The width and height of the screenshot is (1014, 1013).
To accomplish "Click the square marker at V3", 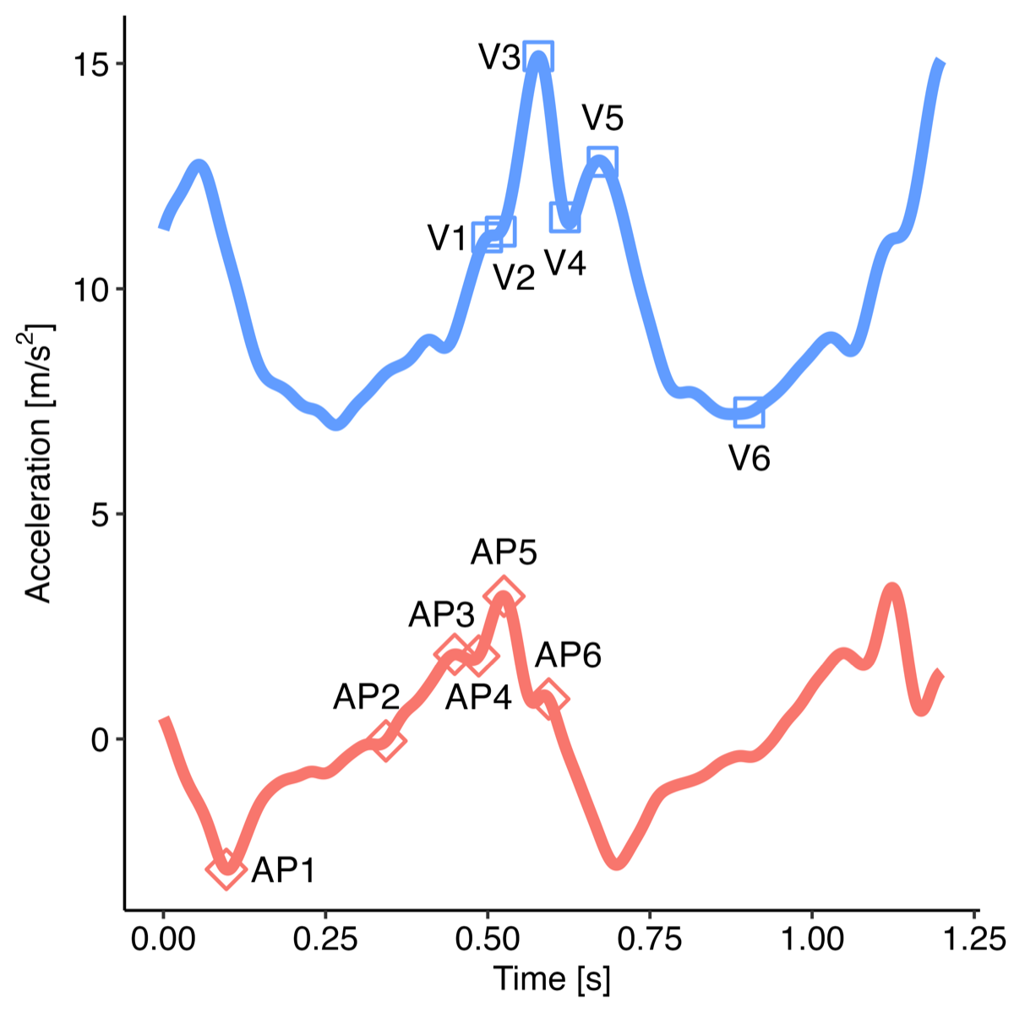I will click(x=538, y=56).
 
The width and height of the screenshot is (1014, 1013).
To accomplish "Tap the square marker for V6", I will click(x=749, y=413).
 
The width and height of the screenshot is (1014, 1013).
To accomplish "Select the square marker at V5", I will click(x=602, y=161).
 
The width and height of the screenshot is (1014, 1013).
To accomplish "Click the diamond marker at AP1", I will click(x=225, y=869).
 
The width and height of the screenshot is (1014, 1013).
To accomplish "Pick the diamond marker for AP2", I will click(x=386, y=741).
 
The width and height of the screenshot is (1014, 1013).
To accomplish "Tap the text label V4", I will click(x=565, y=264).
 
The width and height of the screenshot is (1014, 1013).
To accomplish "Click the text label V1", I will click(x=447, y=239).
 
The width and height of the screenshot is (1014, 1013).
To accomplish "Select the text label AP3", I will click(x=441, y=615).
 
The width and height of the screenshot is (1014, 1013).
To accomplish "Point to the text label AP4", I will click(x=478, y=698).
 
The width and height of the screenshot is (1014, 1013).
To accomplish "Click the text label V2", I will click(x=514, y=277).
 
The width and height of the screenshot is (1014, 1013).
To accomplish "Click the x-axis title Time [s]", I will click(x=552, y=979).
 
